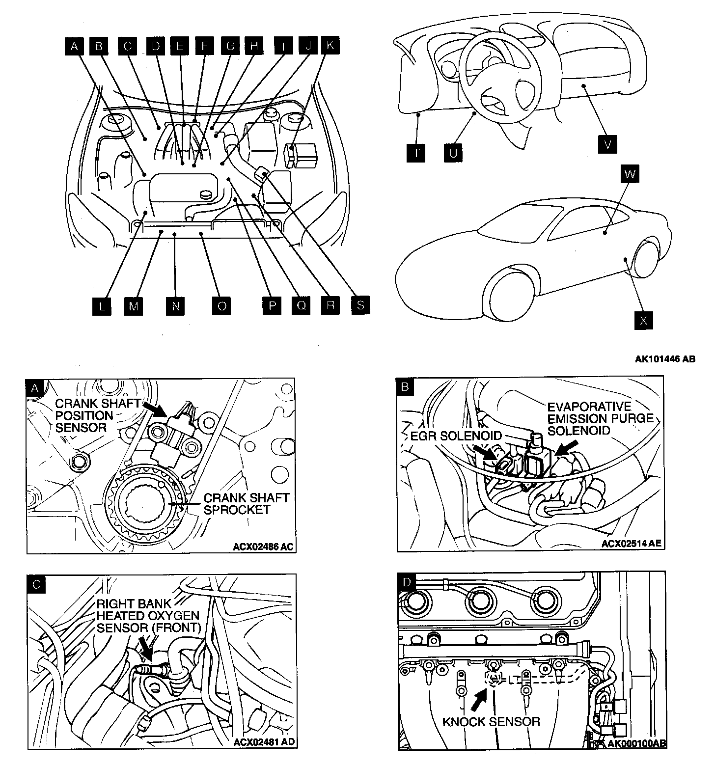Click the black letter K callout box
point(330,46)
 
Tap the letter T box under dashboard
point(416,153)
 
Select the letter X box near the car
point(643,320)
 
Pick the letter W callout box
point(631,174)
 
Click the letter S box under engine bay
point(360,305)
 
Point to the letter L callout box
point(102,306)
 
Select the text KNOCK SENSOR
point(491,721)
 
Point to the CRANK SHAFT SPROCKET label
point(246,504)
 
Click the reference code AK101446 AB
point(665,359)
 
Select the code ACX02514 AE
point(632,544)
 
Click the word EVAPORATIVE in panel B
point(589,407)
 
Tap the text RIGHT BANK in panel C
point(127,604)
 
